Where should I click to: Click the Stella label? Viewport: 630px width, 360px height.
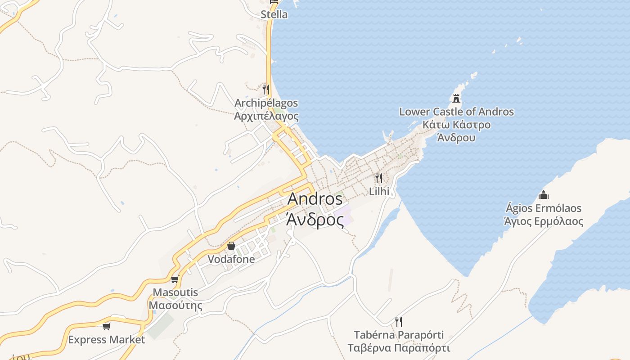274,14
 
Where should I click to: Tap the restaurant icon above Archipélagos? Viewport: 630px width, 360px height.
266,90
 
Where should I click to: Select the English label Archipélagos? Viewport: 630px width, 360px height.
266,103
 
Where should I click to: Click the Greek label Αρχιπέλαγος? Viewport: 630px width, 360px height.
266,116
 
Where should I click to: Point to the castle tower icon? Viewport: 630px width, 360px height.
456,98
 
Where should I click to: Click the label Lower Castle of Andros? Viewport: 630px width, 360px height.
456,112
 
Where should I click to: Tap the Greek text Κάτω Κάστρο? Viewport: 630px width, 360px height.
456,125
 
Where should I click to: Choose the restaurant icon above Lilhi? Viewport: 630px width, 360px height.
379,178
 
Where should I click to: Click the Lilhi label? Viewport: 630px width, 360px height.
379,191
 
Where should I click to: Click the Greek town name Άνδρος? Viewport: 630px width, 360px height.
315,220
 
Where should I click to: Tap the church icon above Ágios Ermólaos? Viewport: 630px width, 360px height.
544,195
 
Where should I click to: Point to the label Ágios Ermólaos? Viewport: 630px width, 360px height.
544,208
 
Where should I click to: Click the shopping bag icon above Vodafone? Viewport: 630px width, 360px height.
231,246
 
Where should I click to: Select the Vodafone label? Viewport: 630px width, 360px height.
231,259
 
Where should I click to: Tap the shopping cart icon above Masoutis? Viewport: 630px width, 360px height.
175,279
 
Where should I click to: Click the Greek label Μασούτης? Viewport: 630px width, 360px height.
175,306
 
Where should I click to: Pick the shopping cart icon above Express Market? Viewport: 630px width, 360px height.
107,326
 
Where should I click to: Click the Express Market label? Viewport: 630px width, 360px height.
107,340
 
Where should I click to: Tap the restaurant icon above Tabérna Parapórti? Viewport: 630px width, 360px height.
398,321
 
